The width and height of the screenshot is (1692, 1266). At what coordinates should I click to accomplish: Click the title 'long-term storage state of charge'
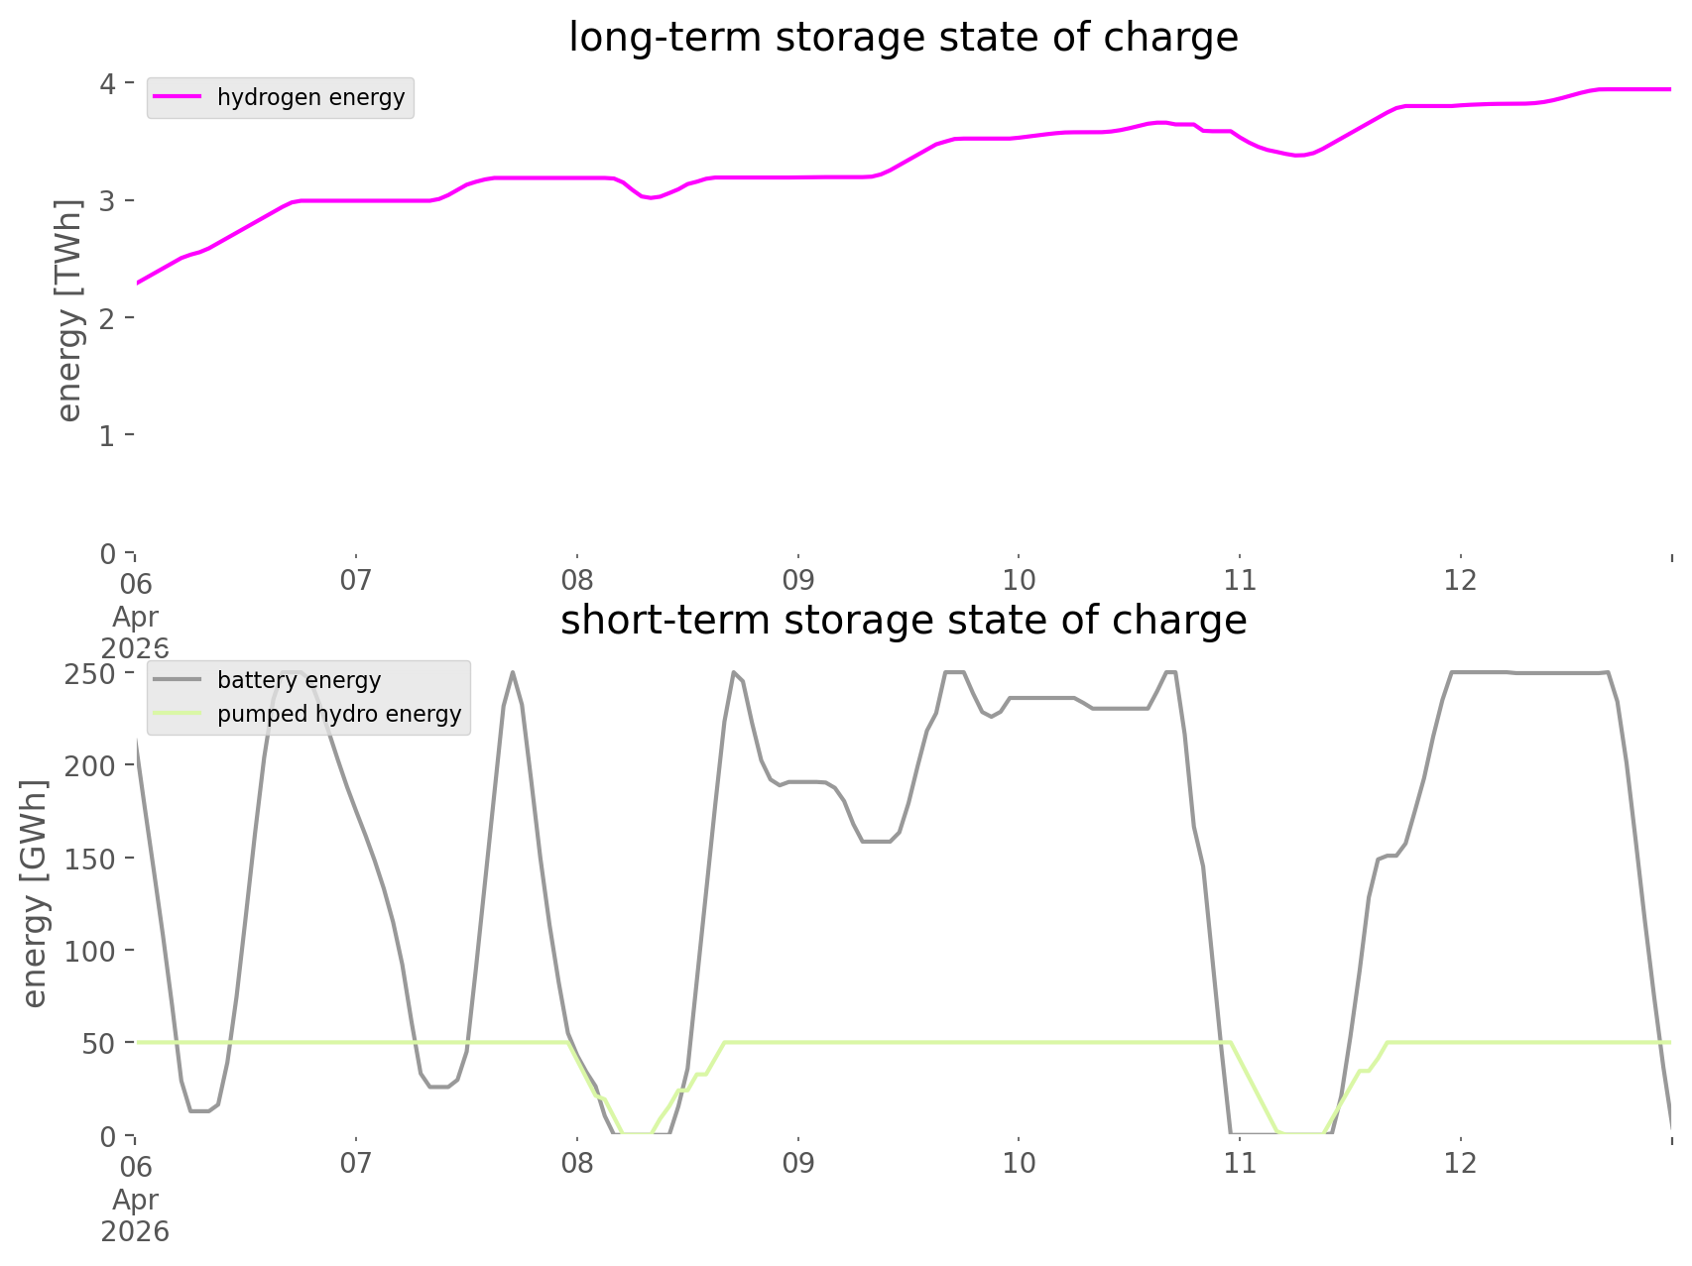pos(903,38)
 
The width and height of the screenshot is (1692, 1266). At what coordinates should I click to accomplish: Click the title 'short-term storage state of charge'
pos(903,621)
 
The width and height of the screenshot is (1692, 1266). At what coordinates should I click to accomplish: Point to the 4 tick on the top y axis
pos(108,83)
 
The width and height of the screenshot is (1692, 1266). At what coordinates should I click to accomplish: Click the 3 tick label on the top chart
pos(108,200)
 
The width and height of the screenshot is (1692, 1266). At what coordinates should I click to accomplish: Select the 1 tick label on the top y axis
pos(108,435)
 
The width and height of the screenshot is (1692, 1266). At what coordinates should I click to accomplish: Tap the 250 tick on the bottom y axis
pos(93,673)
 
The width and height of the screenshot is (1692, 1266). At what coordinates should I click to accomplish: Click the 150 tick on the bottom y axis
pos(93,858)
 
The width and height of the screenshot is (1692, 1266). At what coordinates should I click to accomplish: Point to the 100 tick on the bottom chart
pos(93,951)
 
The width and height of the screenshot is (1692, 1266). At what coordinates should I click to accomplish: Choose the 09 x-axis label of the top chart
pos(797,580)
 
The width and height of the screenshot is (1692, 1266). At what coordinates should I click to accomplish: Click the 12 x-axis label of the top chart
pos(1460,580)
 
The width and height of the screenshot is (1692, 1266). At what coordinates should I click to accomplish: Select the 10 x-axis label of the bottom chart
pos(1019,1163)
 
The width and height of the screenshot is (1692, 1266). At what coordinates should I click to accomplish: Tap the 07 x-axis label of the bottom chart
pos(355,1163)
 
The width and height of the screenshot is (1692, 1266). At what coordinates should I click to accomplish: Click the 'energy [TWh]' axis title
pos(68,309)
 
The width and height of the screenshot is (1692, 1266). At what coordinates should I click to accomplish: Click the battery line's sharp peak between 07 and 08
pos(513,674)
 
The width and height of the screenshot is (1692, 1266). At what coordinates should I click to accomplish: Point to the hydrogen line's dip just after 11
pos(1297,156)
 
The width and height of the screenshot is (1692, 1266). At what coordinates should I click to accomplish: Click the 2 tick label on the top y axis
pos(108,318)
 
